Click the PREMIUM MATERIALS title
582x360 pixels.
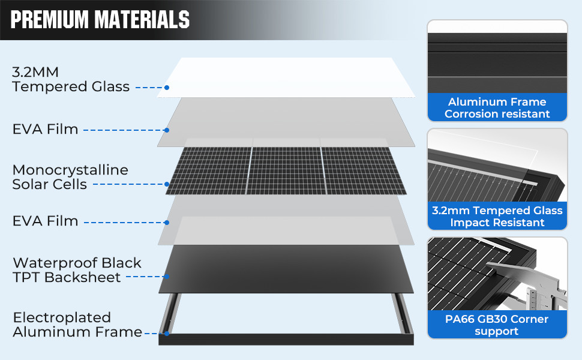100,19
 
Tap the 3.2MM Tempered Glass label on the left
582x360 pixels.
71,79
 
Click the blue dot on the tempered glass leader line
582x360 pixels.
167,88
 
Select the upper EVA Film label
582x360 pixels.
45,129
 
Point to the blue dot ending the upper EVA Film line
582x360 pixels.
167,130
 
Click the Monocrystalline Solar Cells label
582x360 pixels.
70,177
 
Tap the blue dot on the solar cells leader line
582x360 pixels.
167,184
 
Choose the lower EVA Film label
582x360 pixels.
45,221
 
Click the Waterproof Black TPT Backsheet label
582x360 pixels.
77,270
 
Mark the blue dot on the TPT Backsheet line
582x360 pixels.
167,277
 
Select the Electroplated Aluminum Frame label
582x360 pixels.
77,325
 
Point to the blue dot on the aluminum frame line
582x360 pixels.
167,334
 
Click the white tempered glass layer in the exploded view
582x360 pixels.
286,77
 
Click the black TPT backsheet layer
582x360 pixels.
286,269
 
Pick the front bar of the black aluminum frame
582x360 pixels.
286,339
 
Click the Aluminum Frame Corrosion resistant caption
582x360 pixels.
497,107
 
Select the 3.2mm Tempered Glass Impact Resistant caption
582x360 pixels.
497,217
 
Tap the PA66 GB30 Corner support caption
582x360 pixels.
497,325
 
